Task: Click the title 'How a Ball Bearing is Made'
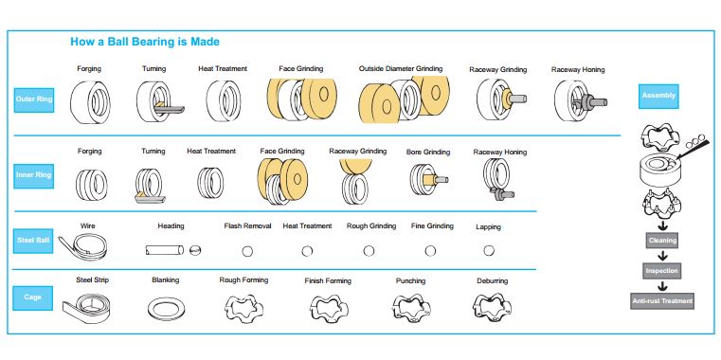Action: pos(145,42)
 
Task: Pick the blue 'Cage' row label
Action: pos(33,297)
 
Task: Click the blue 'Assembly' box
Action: pos(658,96)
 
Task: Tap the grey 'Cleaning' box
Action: pos(662,241)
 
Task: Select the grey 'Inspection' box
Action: pos(662,270)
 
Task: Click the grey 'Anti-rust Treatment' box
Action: pos(662,300)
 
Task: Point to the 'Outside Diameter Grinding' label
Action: pos(401,69)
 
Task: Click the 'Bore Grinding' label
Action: pos(428,152)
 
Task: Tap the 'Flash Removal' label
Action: pos(247,226)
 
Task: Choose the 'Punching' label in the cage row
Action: pos(410,281)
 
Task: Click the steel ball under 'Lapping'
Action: pos(489,250)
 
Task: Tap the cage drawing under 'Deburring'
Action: pos(492,304)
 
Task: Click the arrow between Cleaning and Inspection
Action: pos(662,256)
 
